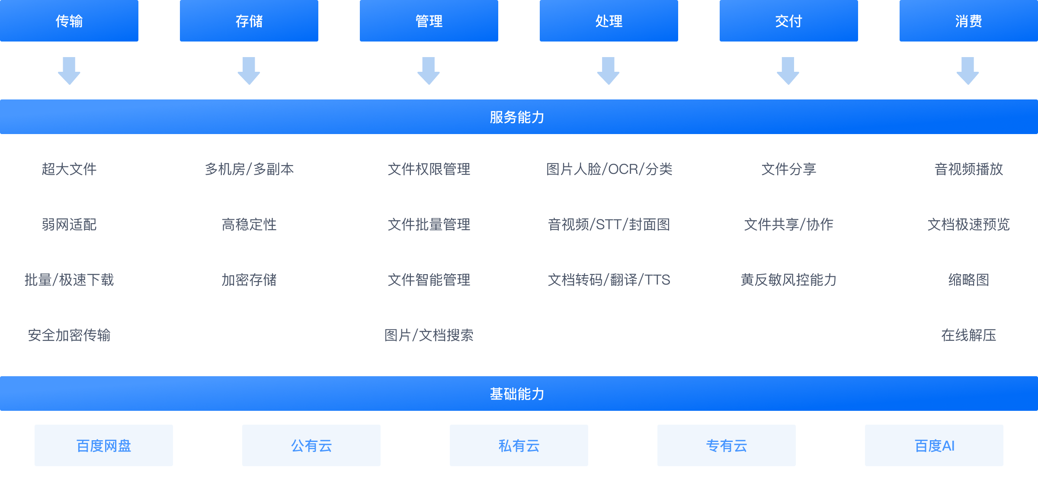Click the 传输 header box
coord(69,21)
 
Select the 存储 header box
coord(249,21)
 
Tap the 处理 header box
coord(609,21)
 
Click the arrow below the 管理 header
coord(429,71)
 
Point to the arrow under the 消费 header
coord(968,71)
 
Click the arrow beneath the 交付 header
coord(788,71)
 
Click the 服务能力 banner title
coord(517,117)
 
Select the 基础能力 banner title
coord(517,394)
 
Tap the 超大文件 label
coord(69,169)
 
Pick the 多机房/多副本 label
coord(249,169)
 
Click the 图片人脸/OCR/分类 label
coord(609,169)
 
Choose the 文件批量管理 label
coord(429,224)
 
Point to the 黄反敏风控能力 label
coord(788,280)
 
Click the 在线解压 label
coord(969,335)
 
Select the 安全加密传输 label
coord(69,335)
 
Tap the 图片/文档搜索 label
coord(429,335)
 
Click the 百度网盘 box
coord(104,445)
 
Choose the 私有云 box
coord(519,445)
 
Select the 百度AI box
coord(934,445)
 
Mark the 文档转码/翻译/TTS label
coord(609,280)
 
